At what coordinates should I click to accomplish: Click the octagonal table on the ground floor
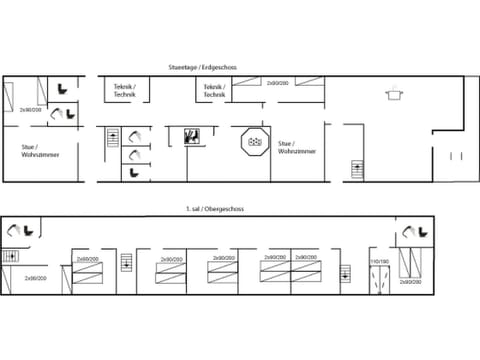[x=253, y=141]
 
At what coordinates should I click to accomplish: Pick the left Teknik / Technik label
[x=126, y=90]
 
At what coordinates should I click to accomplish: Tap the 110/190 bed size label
[x=378, y=261]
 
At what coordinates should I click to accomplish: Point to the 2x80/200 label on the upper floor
[x=88, y=259]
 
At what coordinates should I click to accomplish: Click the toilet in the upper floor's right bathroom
[x=409, y=233]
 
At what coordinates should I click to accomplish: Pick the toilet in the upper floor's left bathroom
[x=14, y=231]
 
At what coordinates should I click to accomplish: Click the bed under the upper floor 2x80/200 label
[x=86, y=276]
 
